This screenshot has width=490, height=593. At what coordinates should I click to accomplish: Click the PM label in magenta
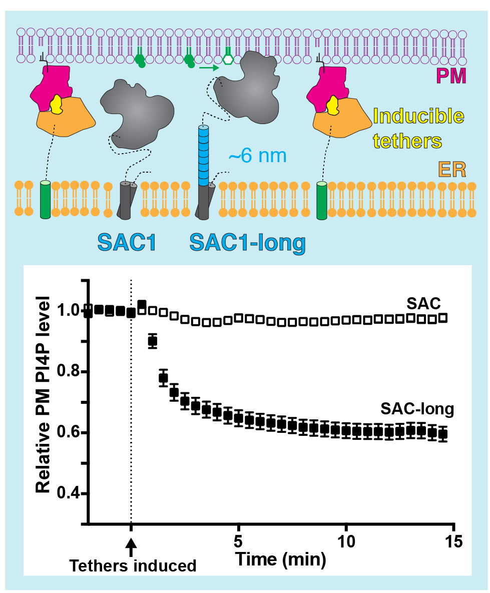point(451,76)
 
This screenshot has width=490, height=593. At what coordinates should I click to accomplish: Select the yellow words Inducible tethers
point(418,129)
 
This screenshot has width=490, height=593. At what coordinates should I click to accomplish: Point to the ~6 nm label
point(257,156)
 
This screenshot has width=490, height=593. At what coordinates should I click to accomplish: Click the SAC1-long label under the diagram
point(247,243)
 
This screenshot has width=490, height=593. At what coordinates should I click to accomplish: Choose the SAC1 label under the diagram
point(127,243)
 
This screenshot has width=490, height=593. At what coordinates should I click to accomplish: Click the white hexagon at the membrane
point(228,59)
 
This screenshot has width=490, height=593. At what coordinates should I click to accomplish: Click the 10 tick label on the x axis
point(346,541)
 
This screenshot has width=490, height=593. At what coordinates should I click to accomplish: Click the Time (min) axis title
point(281,558)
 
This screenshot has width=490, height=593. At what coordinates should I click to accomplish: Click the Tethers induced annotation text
point(133,565)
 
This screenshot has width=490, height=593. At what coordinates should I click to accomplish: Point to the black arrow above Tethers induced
point(131,546)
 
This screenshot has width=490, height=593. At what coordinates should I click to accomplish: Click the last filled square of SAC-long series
point(442,434)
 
